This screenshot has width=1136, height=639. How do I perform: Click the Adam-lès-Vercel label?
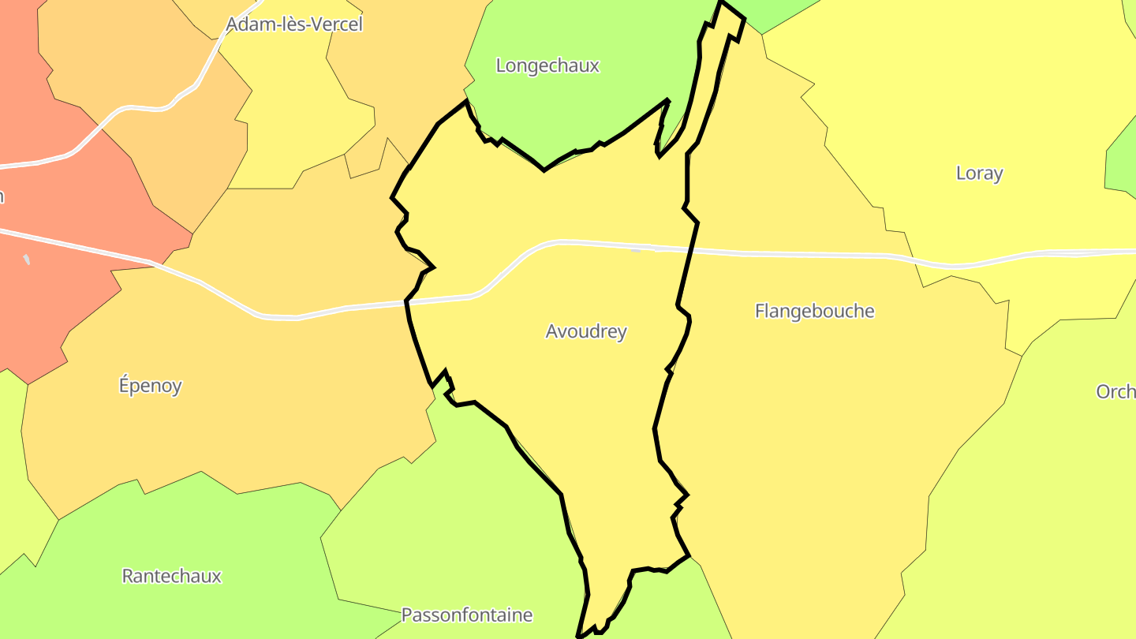(293, 24)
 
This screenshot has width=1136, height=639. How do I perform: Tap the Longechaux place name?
(547, 65)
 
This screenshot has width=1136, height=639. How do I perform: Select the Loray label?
(979, 174)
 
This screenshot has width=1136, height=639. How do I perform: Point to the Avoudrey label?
(586, 331)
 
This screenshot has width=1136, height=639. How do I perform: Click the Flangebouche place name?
(814, 311)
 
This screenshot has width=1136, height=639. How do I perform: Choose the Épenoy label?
(150, 386)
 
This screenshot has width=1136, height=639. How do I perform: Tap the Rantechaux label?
(171, 576)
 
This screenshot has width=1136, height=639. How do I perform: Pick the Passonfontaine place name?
(466, 615)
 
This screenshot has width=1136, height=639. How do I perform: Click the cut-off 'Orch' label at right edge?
(1115, 391)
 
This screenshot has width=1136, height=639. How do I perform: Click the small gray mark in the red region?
(27, 259)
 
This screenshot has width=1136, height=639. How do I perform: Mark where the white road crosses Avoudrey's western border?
(408, 301)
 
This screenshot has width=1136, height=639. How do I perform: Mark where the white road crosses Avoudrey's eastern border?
(692, 249)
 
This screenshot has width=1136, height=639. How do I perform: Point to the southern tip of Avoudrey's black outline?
(581, 633)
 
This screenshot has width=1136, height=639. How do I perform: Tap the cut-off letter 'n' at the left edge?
(2, 196)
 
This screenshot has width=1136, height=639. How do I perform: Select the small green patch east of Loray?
(1124, 162)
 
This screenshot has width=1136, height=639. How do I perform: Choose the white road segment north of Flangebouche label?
(813, 255)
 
